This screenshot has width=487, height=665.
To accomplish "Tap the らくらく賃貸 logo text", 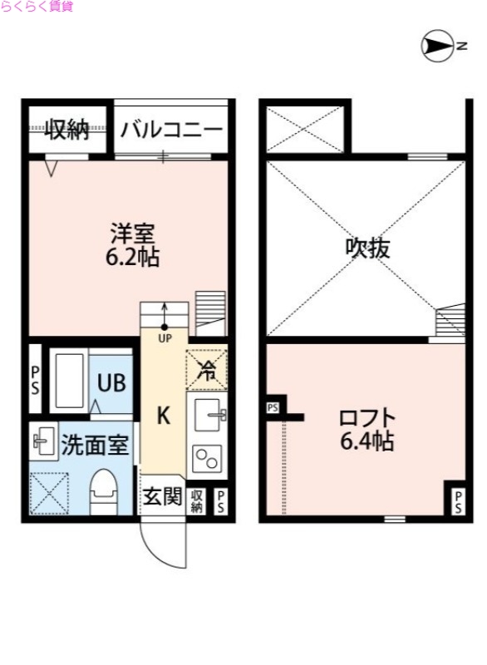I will click(37, 7).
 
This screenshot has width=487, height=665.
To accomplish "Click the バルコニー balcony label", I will click(170, 129).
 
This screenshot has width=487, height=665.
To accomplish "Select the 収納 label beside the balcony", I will click(66, 129).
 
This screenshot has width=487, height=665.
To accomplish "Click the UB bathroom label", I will click(111, 383).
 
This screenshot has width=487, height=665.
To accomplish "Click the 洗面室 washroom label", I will click(94, 445).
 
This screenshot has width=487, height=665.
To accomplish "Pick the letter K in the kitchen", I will click(164, 416).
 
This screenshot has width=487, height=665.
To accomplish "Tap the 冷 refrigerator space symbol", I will click(207, 371).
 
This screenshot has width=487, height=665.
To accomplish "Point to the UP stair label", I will click(165, 338).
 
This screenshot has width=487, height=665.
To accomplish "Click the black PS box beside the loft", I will click(273, 407).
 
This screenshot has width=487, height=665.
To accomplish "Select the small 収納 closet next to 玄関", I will click(198, 500).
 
